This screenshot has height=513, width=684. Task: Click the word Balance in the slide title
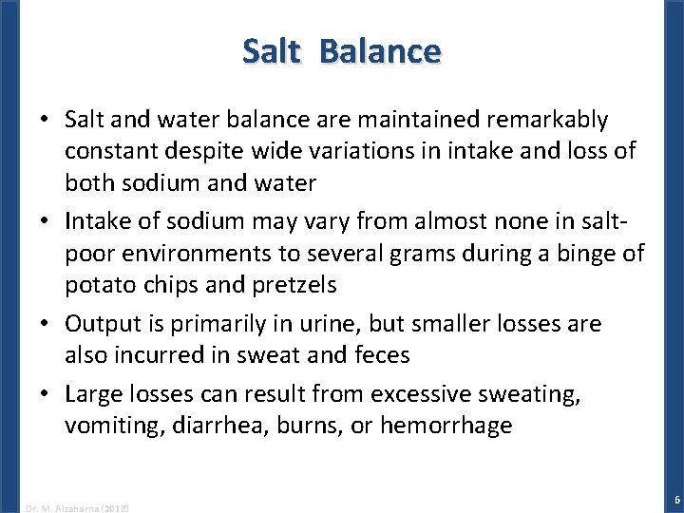tap(380, 50)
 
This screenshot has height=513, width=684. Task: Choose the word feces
tap(380, 354)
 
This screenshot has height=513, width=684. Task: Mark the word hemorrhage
tap(446, 425)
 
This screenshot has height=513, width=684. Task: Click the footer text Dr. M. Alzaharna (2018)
tap(78, 507)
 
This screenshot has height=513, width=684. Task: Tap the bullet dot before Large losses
tap(44, 394)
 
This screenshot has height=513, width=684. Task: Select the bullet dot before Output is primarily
tap(44, 324)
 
